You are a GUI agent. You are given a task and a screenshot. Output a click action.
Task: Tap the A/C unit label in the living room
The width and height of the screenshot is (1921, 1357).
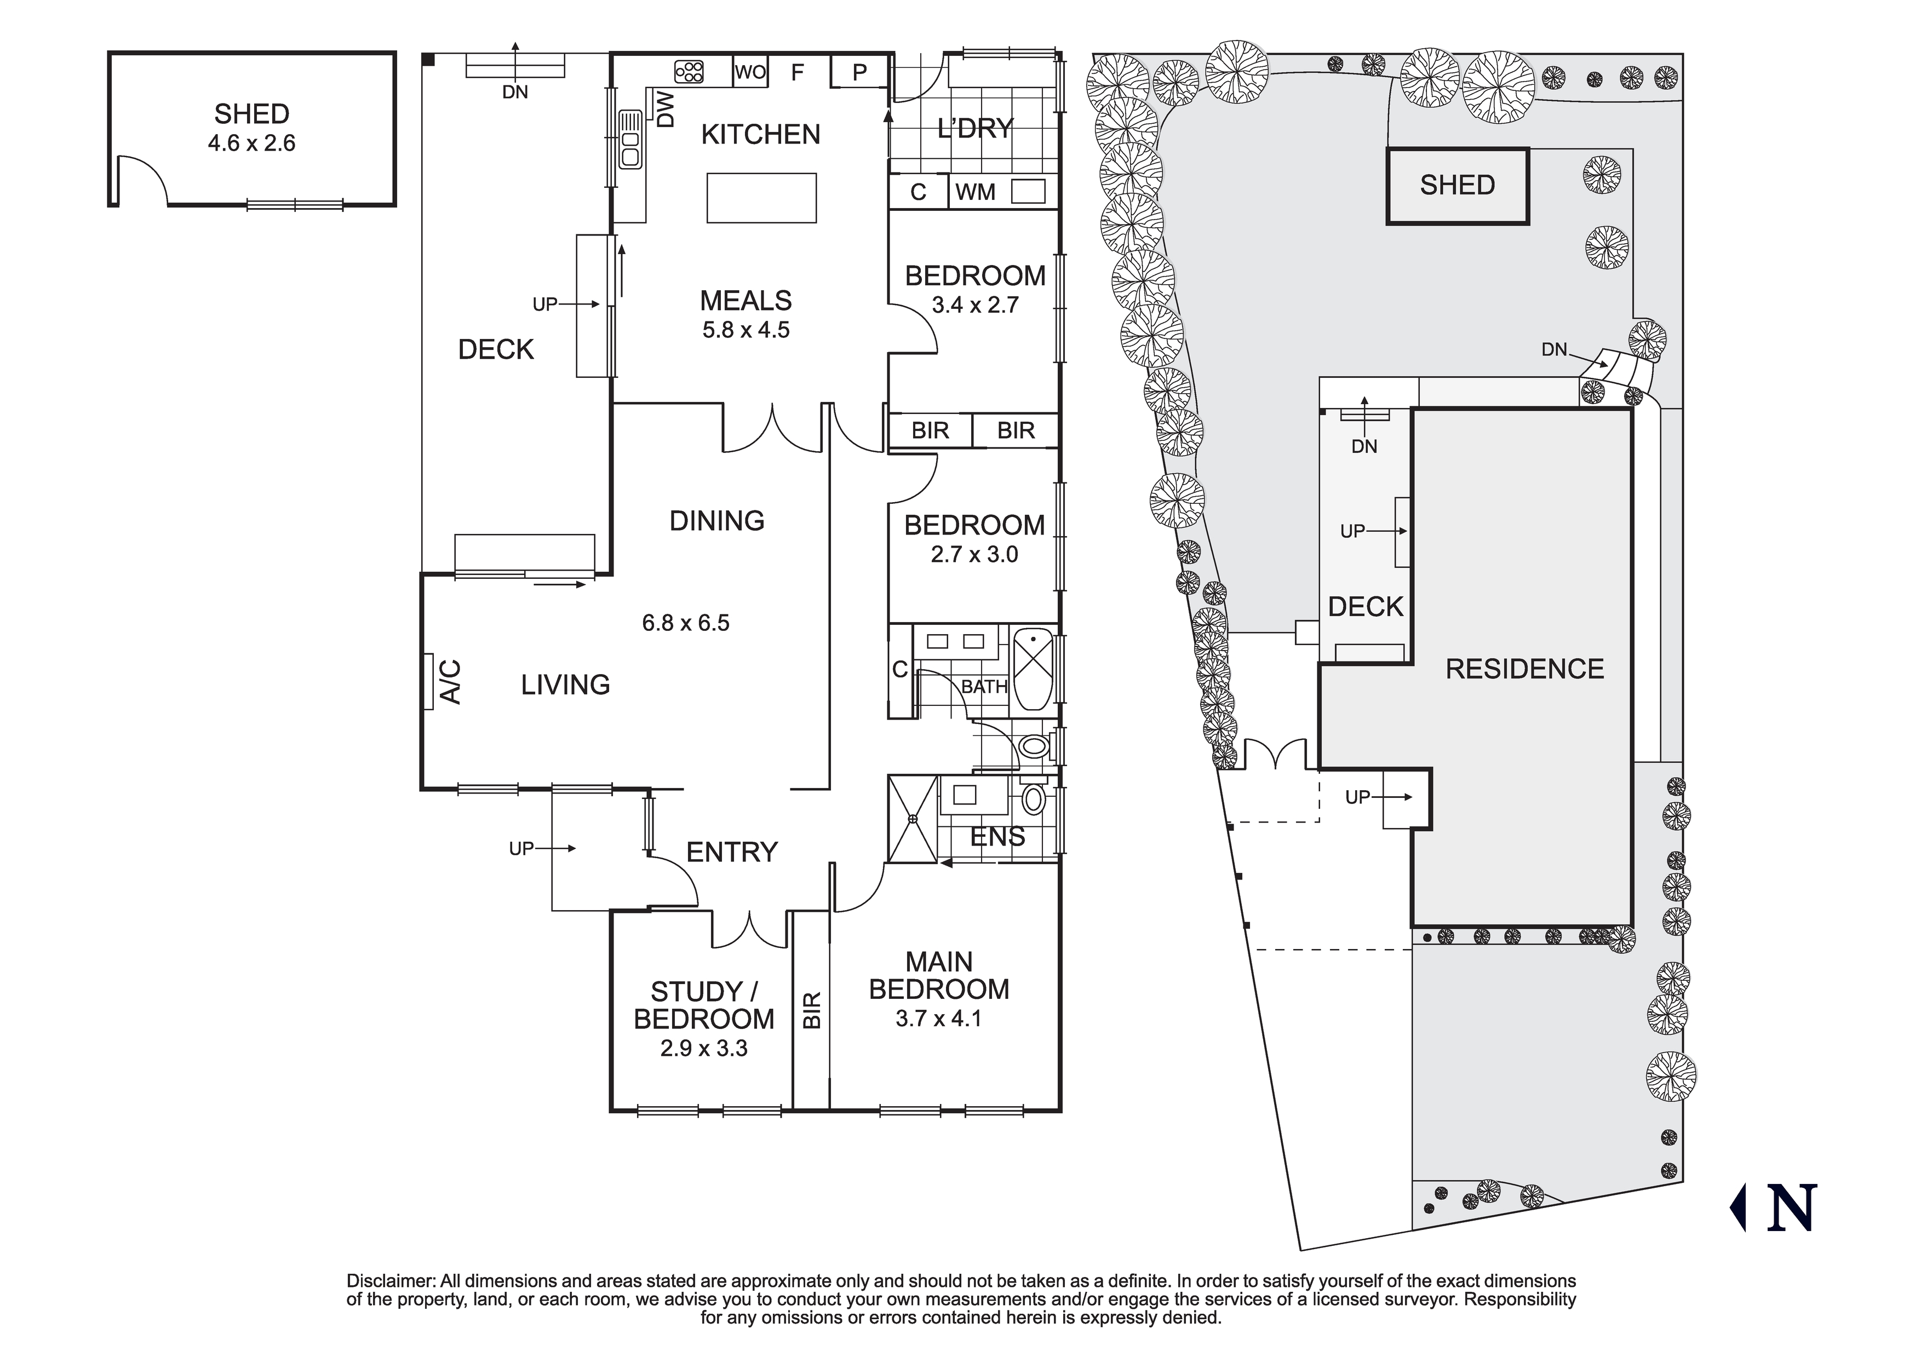450,682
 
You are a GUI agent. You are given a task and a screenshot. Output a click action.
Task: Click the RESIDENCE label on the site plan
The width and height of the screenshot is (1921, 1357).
1524,669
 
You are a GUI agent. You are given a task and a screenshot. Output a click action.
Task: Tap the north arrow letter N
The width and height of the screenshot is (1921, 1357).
1791,1208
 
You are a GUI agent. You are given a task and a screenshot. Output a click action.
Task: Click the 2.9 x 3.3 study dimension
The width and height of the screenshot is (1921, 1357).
704,1048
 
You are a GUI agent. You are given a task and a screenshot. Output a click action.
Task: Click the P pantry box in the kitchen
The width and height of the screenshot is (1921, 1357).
859,73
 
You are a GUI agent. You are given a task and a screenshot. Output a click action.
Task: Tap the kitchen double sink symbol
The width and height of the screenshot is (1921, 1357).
629,150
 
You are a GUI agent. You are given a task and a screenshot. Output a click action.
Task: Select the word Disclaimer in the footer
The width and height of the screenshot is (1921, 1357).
391,1281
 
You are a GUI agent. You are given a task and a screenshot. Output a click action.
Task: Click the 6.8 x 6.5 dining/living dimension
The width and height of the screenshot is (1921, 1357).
685,623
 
